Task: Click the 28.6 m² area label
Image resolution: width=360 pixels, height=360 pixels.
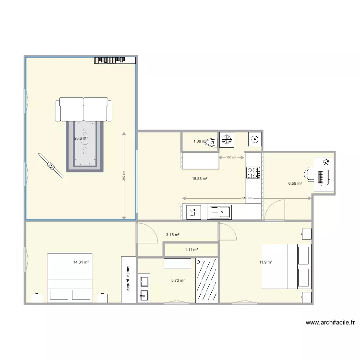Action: tap(81, 138)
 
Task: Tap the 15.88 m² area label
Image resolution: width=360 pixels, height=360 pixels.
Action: tap(200, 179)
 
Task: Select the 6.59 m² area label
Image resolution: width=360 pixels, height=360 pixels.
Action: tap(295, 183)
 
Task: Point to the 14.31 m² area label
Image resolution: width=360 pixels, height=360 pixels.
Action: tap(81, 262)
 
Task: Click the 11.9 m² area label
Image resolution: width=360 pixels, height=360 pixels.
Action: tap(266, 262)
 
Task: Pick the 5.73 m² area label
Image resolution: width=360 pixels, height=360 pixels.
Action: tap(178, 280)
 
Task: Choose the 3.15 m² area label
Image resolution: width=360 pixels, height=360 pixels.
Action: tap(173, 235)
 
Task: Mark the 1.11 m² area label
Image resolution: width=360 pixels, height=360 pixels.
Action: tap(192, 250)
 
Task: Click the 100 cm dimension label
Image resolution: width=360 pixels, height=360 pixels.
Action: tap(231, 157)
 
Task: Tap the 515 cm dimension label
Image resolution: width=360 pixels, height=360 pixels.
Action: tap(246, 198)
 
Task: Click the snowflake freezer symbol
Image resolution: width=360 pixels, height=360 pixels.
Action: tap(226, 140)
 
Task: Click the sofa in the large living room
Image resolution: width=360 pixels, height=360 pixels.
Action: tap(84, 109)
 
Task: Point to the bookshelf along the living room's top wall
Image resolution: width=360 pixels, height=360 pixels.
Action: tap(113, 59)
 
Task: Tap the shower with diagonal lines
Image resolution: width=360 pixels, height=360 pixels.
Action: tap(207, 281)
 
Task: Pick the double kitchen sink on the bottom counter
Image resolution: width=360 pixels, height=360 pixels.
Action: tap(219, 212)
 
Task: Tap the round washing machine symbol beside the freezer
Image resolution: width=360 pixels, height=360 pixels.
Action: tap(254, 140)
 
